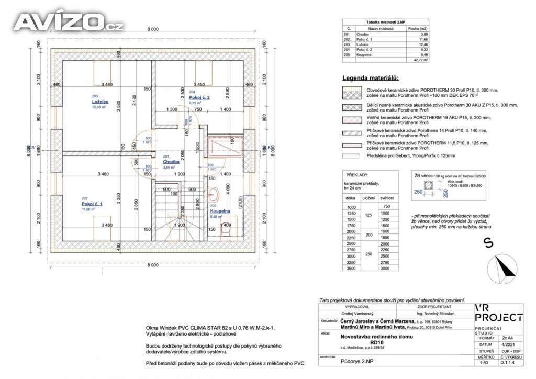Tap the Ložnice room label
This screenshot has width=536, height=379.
99,101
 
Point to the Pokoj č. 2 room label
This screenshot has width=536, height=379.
199,98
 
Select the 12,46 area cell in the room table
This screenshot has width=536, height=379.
417,44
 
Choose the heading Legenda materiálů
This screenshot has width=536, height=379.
370,78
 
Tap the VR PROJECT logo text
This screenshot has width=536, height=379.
498,313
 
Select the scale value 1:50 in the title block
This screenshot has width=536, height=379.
484,362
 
